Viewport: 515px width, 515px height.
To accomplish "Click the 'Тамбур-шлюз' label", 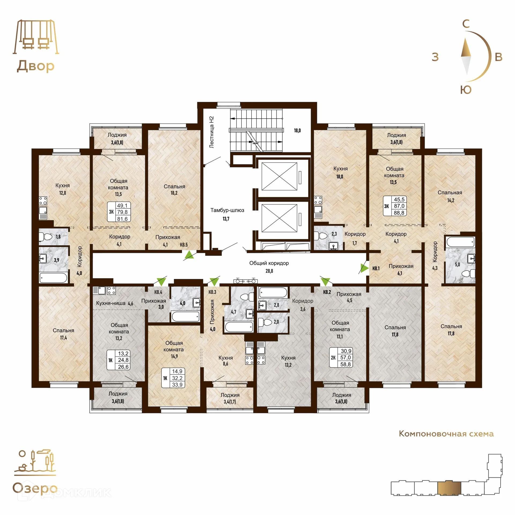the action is [x=227, y=210].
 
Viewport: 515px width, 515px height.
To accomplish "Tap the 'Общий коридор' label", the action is [x=269, y=263].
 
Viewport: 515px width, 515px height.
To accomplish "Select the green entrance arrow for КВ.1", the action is [x=364, y=268].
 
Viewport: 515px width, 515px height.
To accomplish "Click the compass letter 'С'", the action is [x=466, y=24].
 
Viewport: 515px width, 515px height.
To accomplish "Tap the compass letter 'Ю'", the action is [x=466, y=90].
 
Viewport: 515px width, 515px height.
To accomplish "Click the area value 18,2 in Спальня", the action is [x=174, y=193].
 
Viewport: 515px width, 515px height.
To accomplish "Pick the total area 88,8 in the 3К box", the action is [x=399, y=213].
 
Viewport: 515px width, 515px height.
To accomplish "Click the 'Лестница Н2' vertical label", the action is [x=211, y=132].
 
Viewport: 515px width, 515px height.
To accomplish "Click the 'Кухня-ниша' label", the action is [x=111, y=303].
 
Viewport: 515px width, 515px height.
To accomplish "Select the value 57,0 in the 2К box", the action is [x=345, y=358].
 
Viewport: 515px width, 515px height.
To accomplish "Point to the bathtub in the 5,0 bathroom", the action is [x=461, y=242].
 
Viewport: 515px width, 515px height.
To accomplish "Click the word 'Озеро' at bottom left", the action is [x=35, y=488].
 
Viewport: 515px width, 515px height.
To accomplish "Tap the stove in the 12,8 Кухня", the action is [x=43, y=201].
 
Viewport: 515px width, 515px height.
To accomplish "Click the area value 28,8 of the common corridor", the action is [x=269, y=271].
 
